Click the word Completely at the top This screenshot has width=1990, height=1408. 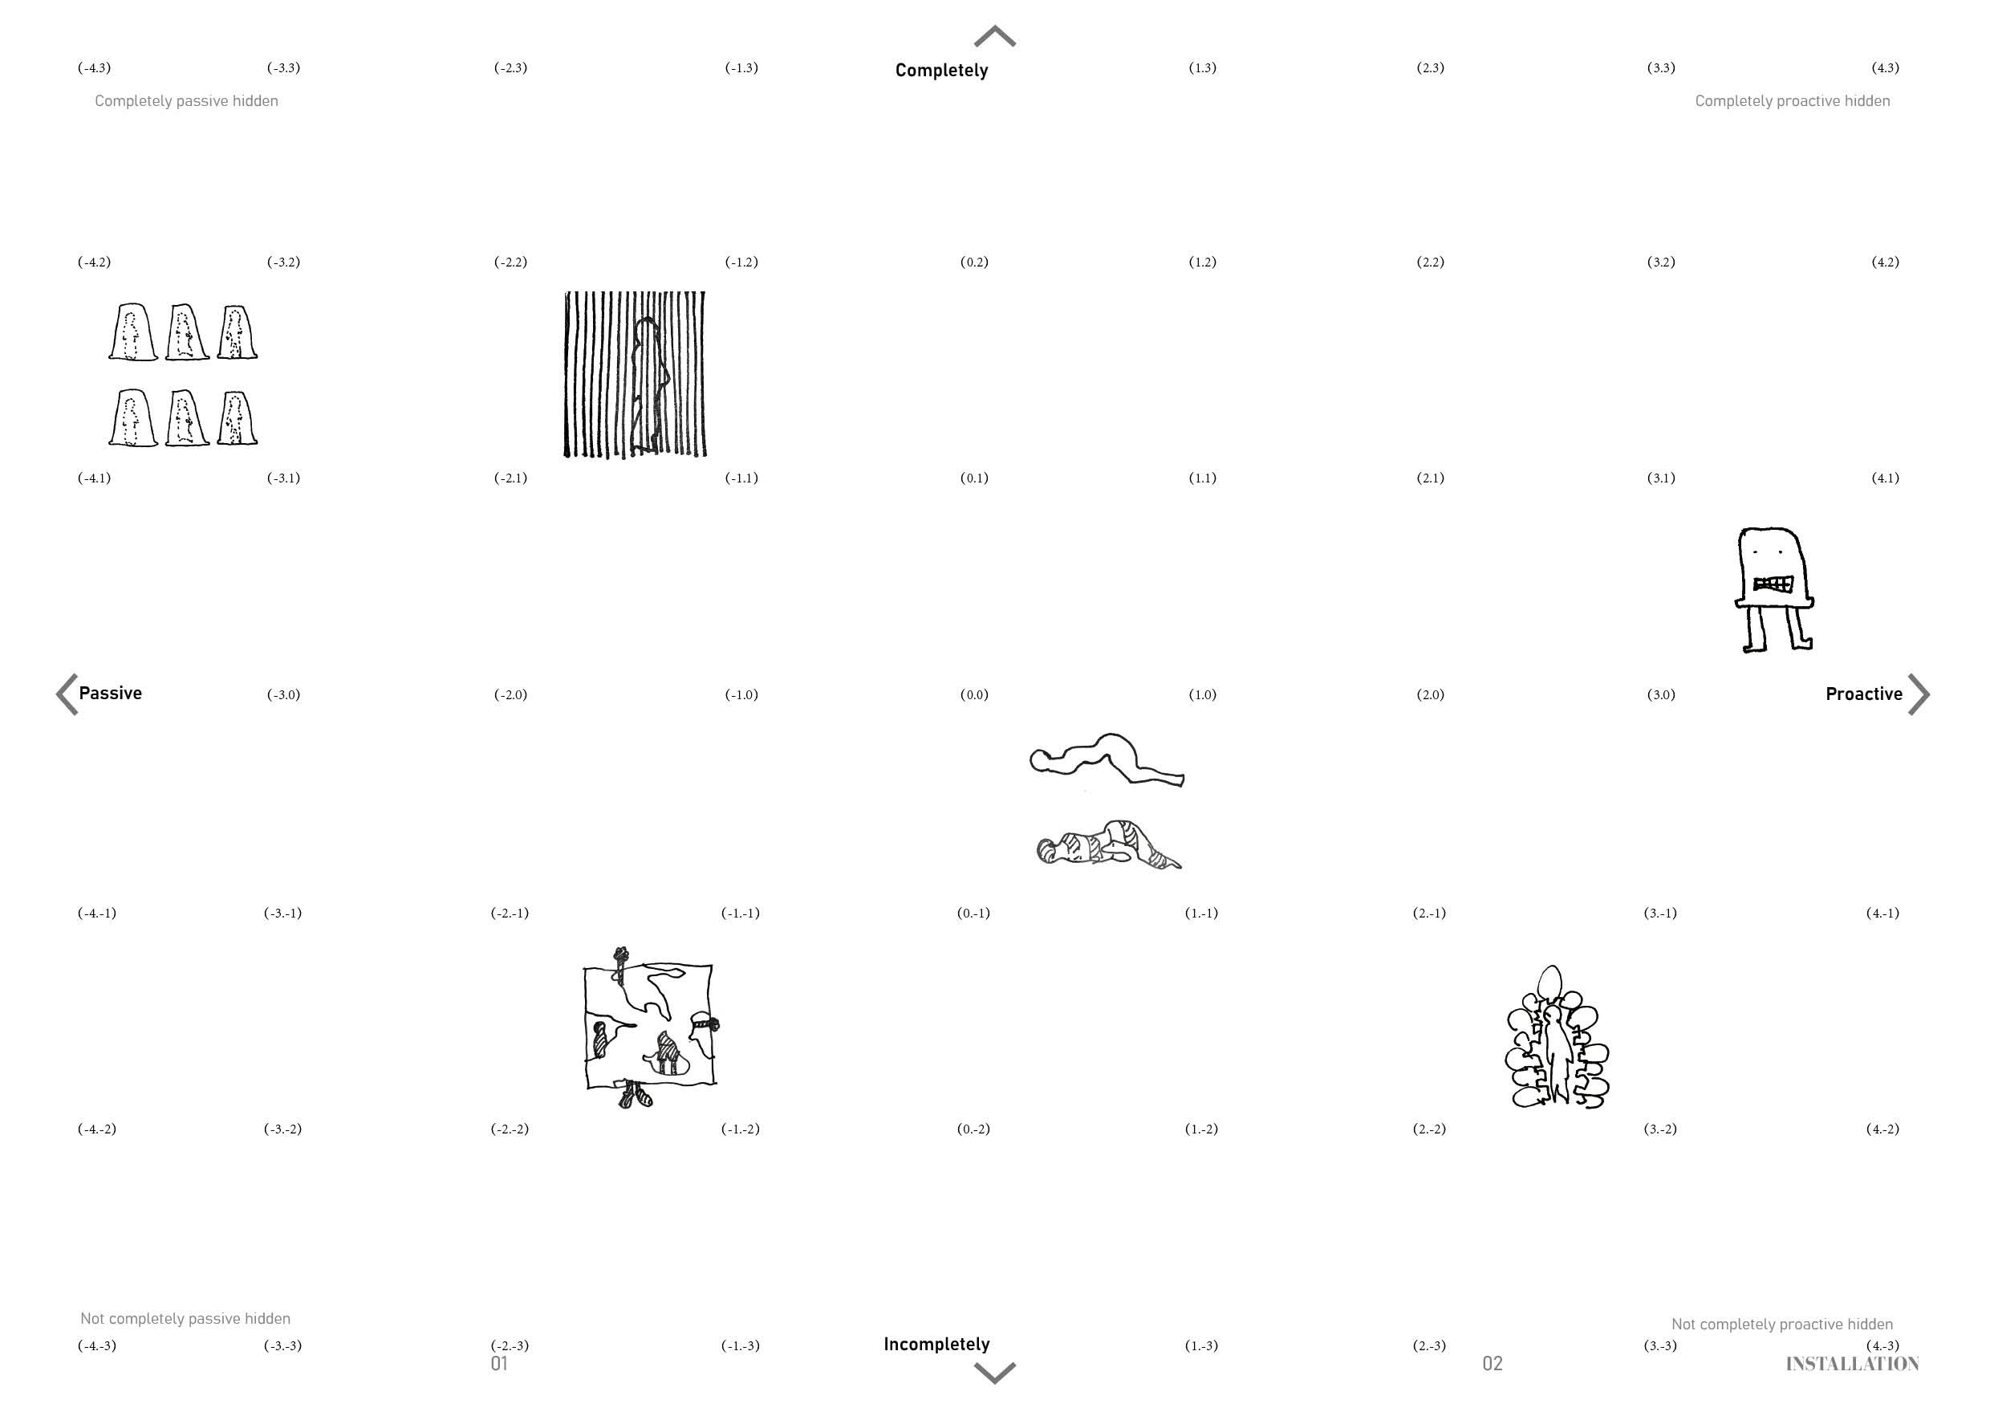(x=941, y=70)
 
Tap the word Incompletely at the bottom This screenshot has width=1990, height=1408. (x=936, y=1345)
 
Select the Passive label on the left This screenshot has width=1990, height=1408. (x=110, y=693)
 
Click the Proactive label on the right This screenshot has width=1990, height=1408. (x=1863, y=694)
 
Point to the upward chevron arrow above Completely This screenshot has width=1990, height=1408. (x=995, y=35)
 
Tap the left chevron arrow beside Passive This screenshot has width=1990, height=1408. (x=67, y=694)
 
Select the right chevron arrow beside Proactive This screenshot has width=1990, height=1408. (x=1919, y=694)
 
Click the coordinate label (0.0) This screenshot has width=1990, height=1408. (x=974, y=694)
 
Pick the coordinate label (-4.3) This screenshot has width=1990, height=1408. (x=95, y=67)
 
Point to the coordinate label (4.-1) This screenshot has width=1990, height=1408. (x=1882, y=913)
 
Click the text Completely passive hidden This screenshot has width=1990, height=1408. (x=186, y=100)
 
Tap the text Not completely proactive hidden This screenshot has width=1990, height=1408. (x=1782, y=1324)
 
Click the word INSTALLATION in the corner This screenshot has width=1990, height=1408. (x=1852, y=1364)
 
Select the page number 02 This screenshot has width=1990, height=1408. (x=1492, y=1364)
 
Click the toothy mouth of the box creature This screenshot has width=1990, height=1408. (x=1773, y=584)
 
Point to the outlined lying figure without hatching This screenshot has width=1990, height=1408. (x=1107, y=759)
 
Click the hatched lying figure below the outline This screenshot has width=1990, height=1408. (x=1108, y=844)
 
